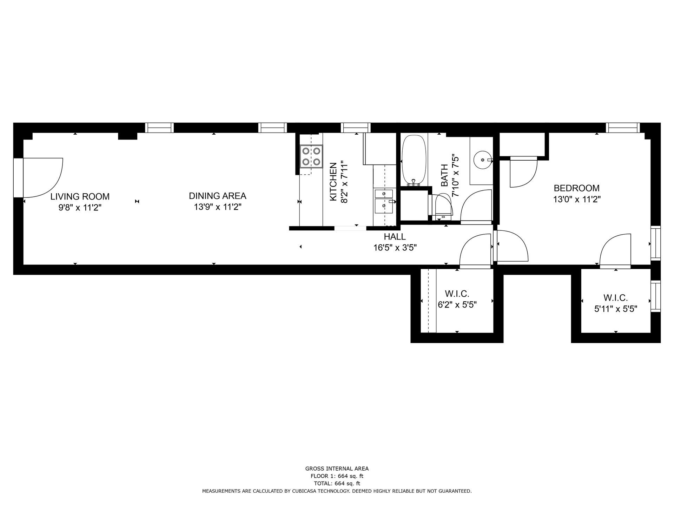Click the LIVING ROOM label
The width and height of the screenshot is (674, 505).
pos(80,196)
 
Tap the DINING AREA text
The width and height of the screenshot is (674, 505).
pos(218,196)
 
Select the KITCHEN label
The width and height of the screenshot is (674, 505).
pos(333,182)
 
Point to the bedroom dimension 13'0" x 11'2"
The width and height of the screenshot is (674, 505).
pos(577,200)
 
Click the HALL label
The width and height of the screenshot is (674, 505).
pos(395,237)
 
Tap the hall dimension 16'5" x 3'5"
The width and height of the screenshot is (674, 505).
pos(395,248)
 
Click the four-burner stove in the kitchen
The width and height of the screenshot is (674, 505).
pos(311,156)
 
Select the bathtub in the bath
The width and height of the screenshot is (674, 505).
pos(414,161)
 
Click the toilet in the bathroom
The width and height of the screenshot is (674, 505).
pos(443,207)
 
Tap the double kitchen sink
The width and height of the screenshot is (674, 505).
pos(384,201)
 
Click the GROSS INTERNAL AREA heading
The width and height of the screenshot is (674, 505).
pos(337,469)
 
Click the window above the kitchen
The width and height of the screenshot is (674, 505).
pos(356,128)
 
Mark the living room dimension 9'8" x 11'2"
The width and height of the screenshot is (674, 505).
pos(80,208)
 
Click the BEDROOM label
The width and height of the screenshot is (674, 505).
pos(577,188)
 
